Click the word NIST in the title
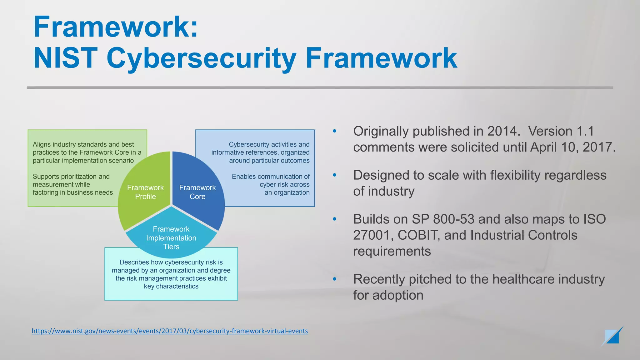(65, 58)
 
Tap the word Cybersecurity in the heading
(201, 58)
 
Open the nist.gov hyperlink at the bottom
(170, 331)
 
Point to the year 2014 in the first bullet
(502, 131)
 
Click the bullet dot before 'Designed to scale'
(335, 175)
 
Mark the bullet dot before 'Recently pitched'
(335, 279)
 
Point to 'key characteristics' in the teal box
(171, 286)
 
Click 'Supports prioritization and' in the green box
(71, 177)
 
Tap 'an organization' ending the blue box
(287, 192)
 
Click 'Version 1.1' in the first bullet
(561, 131)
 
